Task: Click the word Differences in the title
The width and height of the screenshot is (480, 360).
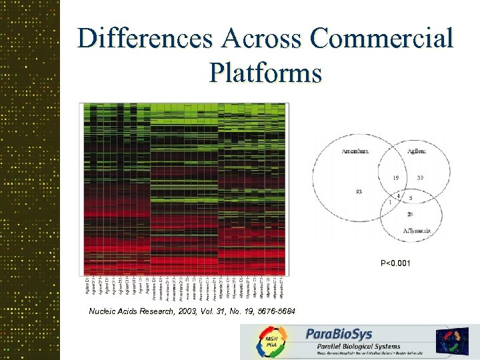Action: coord(143,38)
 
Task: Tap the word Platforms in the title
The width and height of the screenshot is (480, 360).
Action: coord(265,71)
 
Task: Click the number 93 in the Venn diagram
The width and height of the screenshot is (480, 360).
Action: coord(359,192)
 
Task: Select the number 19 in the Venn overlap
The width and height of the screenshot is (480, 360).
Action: coord(396,178)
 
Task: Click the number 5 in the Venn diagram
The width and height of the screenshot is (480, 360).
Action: coord(411,198)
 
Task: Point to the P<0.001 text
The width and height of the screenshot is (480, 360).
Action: coord(395,263)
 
